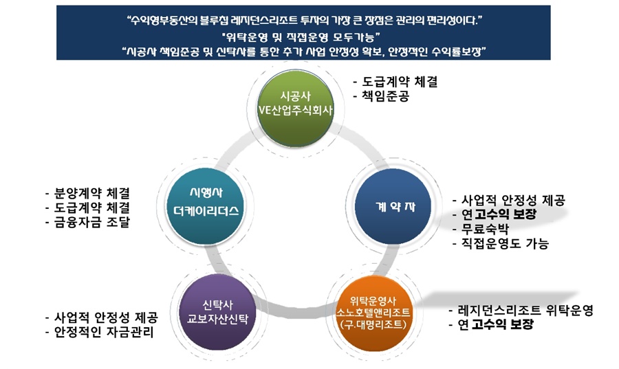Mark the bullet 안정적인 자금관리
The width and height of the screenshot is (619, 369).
pyautogui.click(x=100, y=333)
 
